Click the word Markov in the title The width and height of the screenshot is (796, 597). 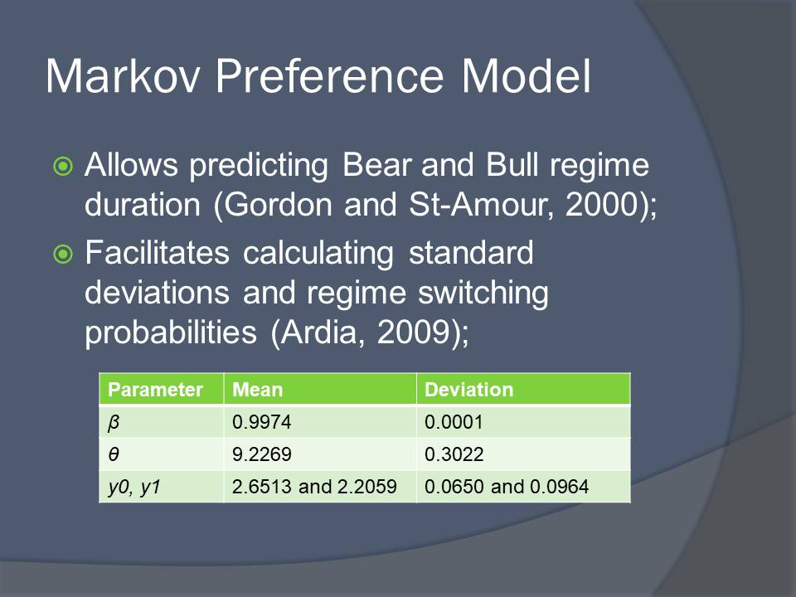123,76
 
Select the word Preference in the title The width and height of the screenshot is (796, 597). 330,76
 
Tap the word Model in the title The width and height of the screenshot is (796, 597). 527,76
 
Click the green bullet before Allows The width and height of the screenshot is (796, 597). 63,166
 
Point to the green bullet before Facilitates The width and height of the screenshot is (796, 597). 63,254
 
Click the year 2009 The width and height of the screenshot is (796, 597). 413,332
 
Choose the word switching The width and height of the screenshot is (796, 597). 483,294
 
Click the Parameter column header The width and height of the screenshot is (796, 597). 155,390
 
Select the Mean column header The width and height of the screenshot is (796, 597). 257,390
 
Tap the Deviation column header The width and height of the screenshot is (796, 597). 469,390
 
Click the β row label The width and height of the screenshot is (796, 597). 114,422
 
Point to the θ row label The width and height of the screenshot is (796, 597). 114,454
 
